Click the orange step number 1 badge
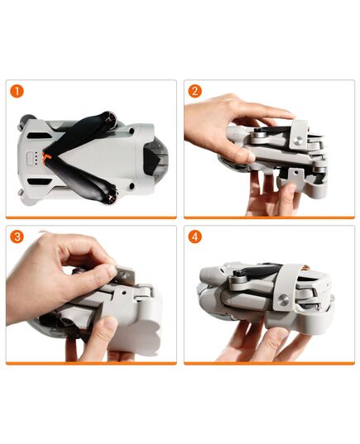(17, 91)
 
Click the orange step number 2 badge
(195, 91)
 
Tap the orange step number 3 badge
(17, 236)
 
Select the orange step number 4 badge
(195, 236)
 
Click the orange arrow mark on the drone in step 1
(48, 155)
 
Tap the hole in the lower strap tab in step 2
(295, 174)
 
